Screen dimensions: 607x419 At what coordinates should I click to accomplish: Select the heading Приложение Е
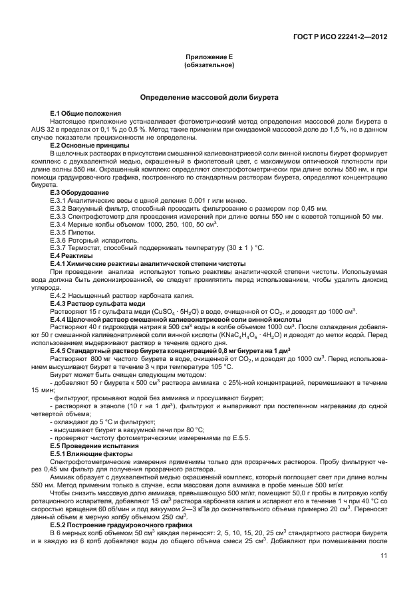(x=209, y=58)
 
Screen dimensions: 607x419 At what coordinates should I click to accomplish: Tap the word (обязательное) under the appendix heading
(x=209, y=66)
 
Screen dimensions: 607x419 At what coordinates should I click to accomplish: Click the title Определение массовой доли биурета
(x=209, y=98)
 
